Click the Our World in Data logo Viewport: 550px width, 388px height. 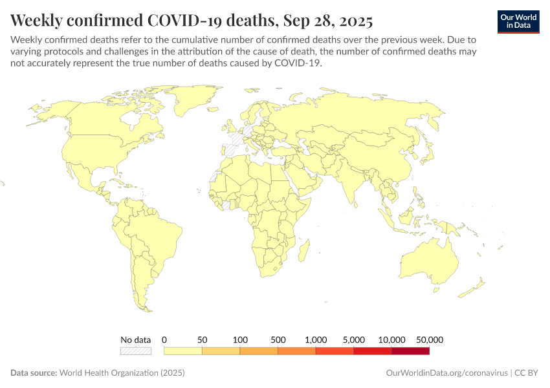(x=518, y=21)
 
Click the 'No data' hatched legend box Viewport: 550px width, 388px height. (x=135, y=351)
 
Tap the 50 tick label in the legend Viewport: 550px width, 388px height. (x=202, y=339)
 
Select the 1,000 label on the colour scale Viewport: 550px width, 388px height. (x=316, y=339)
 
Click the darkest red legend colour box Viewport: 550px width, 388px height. (x=410, y=351)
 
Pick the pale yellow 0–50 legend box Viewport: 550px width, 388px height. (x=183, y=351)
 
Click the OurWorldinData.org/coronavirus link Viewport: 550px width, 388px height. (x=446, y=373)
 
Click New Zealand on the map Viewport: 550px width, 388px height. (x=479, y=285)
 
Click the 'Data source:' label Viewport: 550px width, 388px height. (x=34, y=373)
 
